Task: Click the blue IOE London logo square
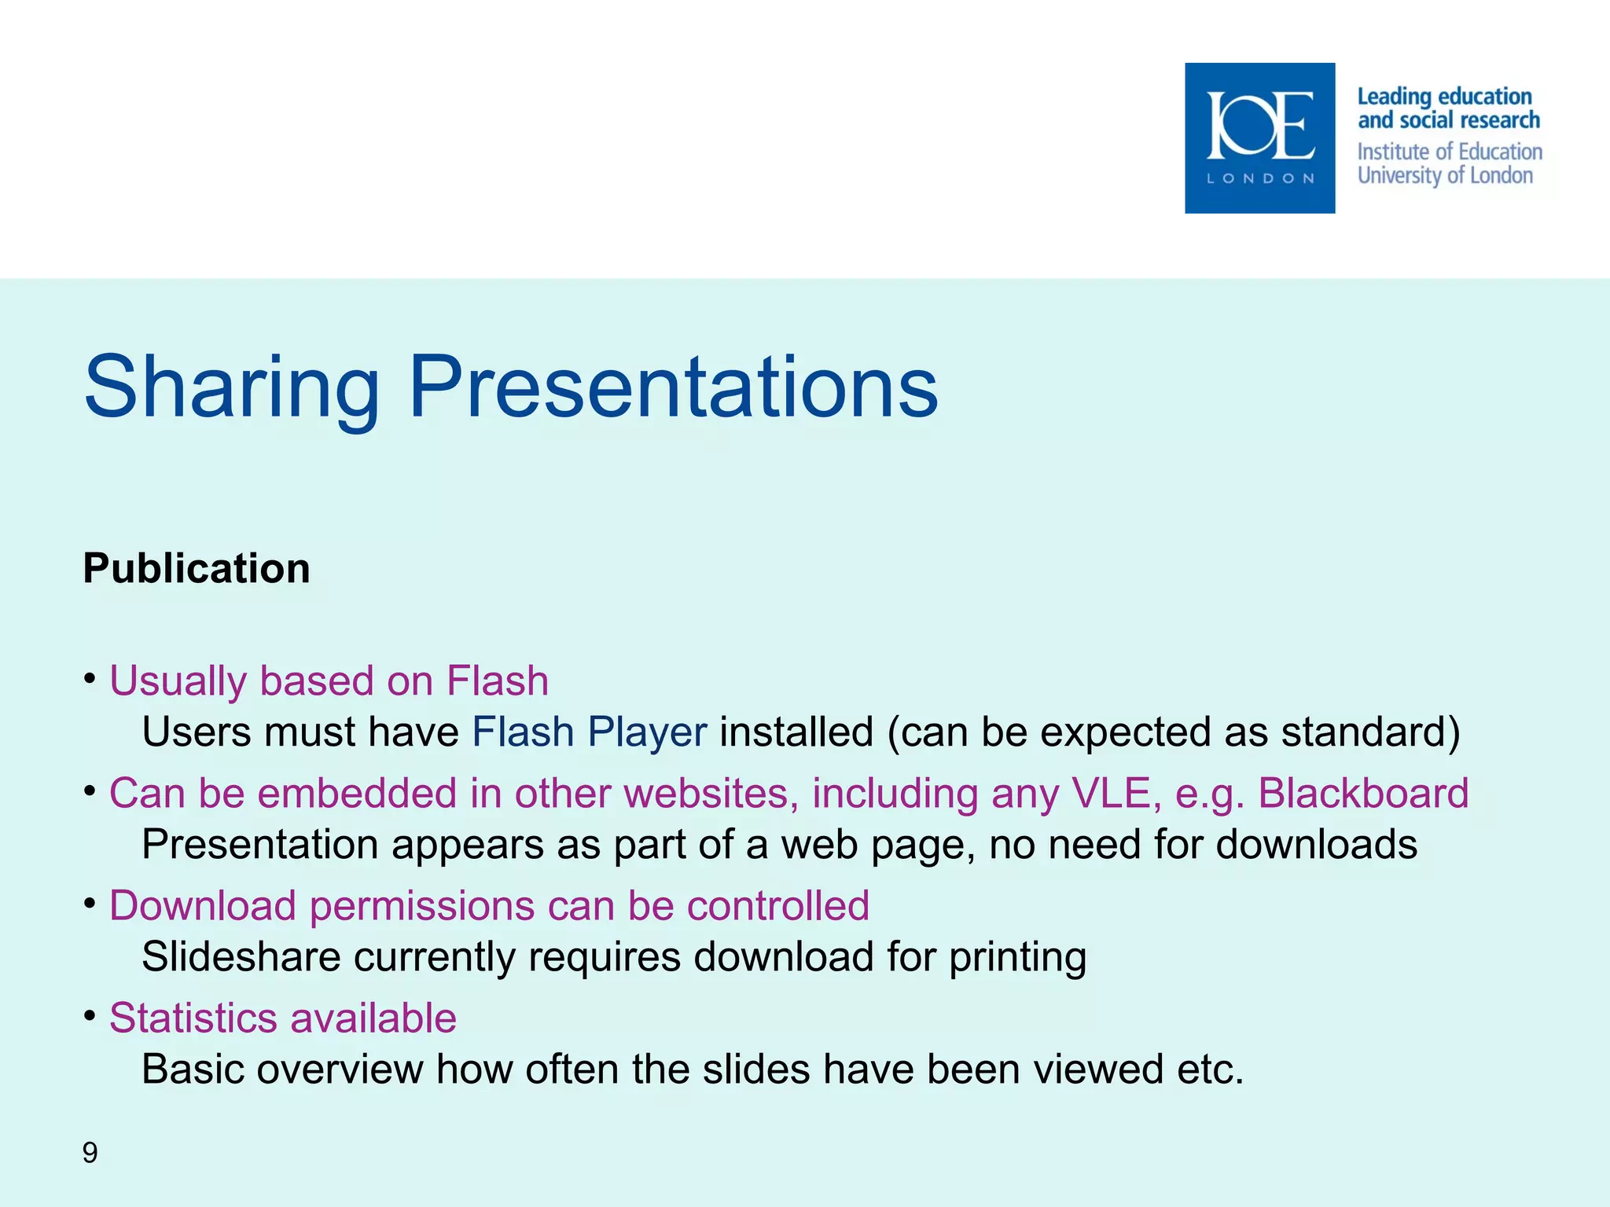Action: [x=1259, y=138]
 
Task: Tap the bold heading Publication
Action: [x=197, y=568]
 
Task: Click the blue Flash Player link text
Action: [x=589, y=732]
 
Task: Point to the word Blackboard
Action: [x=1363, y=793]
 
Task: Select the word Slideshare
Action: [x=241, y=957]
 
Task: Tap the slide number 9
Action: [x=90, y=1153]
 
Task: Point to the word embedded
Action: [x=358, y=793]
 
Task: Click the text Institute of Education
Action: [x=1449, y=152]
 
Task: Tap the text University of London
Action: [x=1444, y=175]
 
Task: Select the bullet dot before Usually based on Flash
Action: [x=90, y=677]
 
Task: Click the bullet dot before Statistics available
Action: [x=90, y=1014]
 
